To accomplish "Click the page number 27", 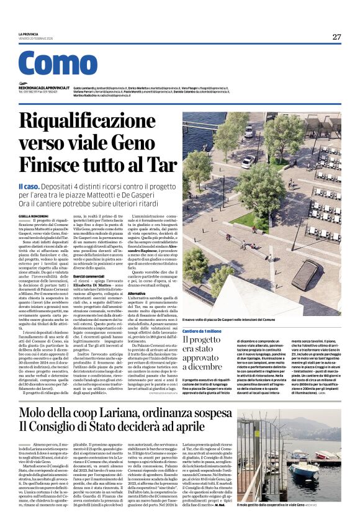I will (x=336, y=37).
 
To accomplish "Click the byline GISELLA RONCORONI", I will (x=33, y=215).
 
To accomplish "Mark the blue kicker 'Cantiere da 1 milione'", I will (x=202, y=331).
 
